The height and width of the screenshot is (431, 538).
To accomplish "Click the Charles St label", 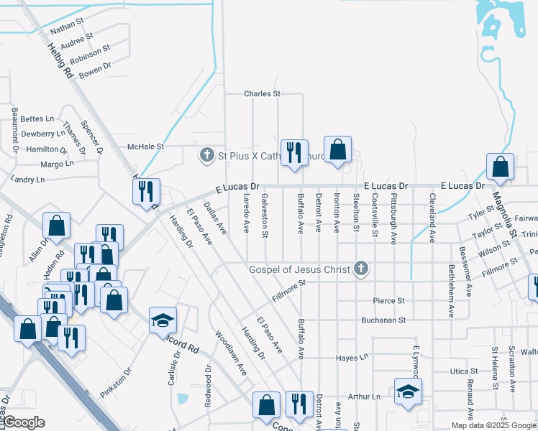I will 262,93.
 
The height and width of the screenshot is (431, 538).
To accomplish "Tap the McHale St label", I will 146,147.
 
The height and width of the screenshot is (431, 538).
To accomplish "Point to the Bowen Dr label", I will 95,69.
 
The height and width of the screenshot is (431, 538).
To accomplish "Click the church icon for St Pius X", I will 207,154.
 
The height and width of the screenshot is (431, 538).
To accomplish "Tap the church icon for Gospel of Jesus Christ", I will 361,269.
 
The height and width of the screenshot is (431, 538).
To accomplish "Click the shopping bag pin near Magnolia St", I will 500,167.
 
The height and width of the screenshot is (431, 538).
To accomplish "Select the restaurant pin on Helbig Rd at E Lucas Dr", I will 146,190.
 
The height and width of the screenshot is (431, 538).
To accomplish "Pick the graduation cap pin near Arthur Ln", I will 408,391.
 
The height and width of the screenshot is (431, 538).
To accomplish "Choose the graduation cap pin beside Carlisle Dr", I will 163,320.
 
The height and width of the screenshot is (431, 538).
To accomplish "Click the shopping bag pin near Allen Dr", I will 56,226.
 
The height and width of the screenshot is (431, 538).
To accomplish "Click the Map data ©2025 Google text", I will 493,425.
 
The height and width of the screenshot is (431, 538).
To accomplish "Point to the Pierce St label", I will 389,300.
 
